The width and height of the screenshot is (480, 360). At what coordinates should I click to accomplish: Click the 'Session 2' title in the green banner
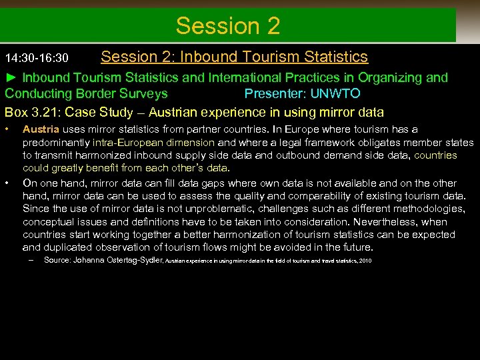point(228,26)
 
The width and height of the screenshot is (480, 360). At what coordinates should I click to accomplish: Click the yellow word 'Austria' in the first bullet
point(41,129)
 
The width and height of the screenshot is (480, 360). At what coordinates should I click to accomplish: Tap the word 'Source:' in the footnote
point(58,260)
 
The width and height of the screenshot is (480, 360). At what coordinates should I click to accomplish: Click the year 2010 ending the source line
point(365,261)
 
